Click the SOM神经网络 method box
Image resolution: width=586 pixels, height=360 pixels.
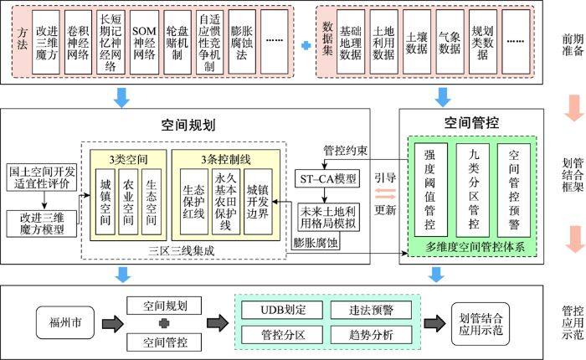tap(144, 42)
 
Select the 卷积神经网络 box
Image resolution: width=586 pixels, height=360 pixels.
tap(78, 42)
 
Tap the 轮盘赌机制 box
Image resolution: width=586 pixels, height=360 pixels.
tap(177, 42)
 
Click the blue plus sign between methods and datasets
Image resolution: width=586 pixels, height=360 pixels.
tap(306, 45)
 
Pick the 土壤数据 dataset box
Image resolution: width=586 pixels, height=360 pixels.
tap(417, 42)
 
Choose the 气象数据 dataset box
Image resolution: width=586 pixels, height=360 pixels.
tap(450, 42)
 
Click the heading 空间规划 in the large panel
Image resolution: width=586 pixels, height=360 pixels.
tap(188, 125)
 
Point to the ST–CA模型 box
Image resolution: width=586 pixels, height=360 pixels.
tap(327, 178)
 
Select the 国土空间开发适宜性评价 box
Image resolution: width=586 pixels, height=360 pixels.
tap(42, 177)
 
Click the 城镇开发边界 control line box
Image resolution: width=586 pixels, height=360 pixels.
tap(258, 202)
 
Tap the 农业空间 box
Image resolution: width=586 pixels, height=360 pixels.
tap(128, 202)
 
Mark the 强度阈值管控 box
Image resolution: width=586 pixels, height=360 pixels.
tap(431, 190)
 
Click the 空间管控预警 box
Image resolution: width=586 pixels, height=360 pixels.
tap(514, 190)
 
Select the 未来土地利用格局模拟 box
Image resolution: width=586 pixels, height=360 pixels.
tap(328, 217)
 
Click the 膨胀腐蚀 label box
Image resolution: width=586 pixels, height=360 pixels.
tap(316, 243)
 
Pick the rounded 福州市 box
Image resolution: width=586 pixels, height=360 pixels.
tap(65, 322)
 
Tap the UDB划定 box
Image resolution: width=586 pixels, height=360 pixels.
tap(282, 310)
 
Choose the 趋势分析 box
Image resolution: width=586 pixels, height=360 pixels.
tap(371, 335)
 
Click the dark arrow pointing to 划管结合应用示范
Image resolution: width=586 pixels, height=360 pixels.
tap(435, 322)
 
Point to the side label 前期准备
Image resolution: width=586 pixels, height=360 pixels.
tap(572, 44)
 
